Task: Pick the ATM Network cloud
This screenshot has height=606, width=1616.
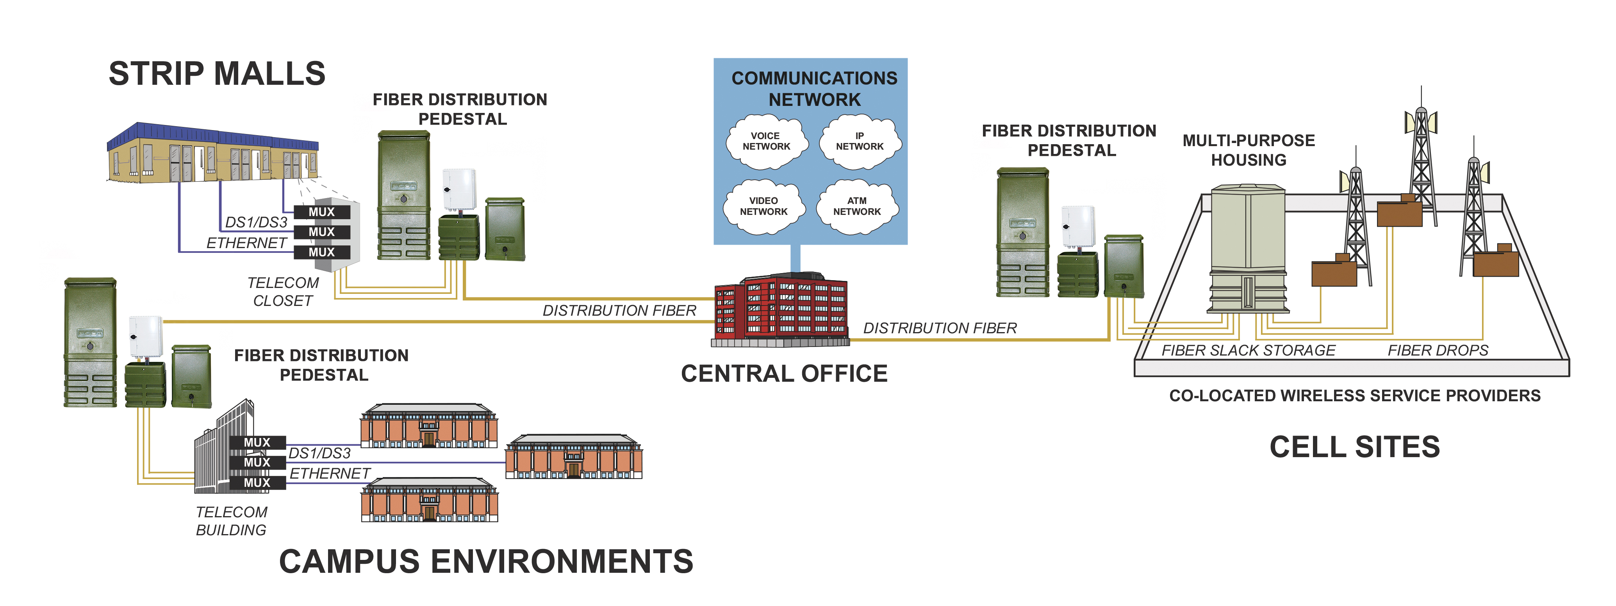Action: [857, 206]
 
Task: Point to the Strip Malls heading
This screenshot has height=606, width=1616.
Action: [217, 73]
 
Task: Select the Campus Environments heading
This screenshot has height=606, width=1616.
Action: [486, 561]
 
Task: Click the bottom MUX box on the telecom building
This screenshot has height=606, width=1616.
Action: [257, 483]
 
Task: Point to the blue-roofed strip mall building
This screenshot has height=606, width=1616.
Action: [213, 154]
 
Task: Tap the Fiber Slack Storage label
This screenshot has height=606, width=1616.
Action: [1249, 350]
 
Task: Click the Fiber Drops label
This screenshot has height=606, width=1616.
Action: [1438, 350]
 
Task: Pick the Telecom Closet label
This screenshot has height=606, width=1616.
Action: [283, 292]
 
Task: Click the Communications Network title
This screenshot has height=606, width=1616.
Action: [814, 88]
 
